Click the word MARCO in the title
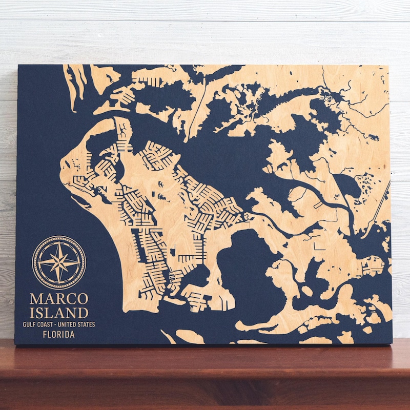(58, 298)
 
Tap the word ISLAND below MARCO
(58, 312)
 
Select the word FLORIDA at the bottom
(58, 335)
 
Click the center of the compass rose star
(59, 262)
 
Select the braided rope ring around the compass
(59, 238)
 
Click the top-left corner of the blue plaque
(18, 66)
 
